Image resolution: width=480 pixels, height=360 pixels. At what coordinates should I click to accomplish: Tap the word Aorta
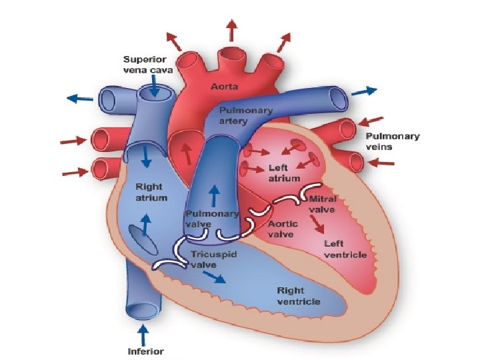coord(225,87)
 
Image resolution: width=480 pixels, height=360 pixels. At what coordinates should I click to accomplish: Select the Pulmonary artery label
coord(236,115)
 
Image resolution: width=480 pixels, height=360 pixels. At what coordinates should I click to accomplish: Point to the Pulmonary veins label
coord(393,141)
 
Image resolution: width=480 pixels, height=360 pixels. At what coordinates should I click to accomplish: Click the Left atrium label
coord(283,173)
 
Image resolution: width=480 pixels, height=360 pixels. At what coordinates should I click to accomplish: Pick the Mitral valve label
coord(323,204)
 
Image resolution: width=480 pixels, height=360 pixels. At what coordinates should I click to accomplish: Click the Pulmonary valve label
coord(211,219)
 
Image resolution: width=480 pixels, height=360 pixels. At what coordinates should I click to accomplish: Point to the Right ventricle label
coord(298,296)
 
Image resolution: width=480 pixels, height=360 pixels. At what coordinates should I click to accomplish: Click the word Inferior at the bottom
coord(145,351)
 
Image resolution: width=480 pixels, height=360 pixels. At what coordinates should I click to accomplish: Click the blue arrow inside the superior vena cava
coord(154,85)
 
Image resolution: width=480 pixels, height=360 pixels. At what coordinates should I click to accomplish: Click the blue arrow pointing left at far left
coord(80,98)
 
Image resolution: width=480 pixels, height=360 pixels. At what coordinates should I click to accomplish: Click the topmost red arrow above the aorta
coord(232,30)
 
